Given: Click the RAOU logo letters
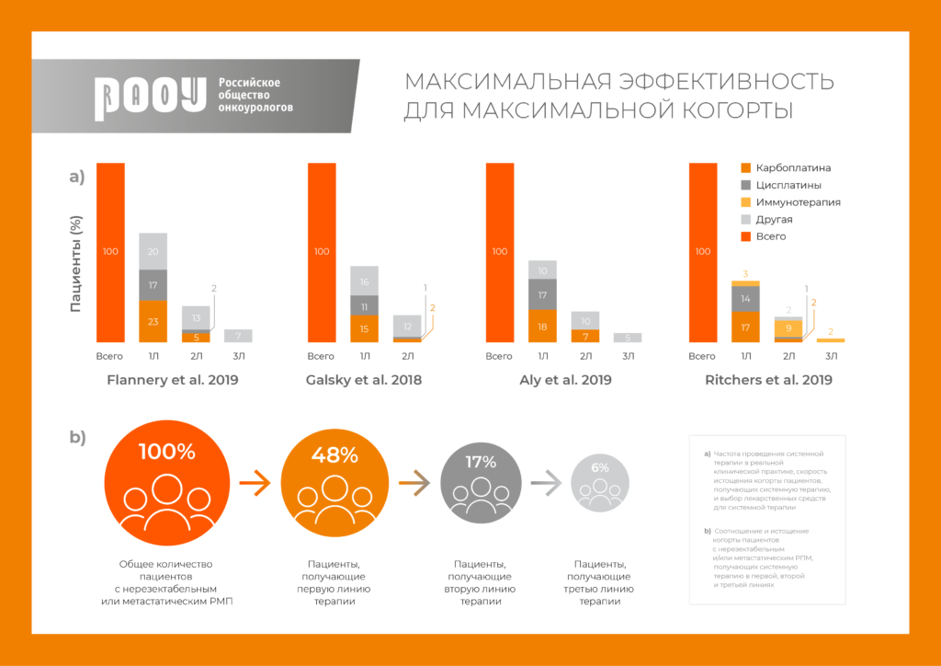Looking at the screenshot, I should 150,97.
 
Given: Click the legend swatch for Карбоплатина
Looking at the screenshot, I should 746,168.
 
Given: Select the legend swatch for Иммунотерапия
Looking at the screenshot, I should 746,202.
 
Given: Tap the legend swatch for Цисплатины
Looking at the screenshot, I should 746,185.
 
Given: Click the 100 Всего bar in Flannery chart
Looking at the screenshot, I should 110,252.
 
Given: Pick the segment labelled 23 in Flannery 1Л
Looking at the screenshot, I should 153,322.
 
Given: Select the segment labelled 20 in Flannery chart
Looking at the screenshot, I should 153,251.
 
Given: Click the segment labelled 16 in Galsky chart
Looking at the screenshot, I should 365,281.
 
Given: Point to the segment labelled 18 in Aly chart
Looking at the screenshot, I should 542,326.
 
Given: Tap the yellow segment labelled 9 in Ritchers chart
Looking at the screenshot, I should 788,327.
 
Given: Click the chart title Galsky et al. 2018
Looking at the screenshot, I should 365,379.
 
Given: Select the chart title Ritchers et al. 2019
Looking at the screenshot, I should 768,379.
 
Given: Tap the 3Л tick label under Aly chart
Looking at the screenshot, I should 628,356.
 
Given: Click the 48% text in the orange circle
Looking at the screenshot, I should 334,454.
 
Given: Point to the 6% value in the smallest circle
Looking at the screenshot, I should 600,467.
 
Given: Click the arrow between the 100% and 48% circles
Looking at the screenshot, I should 255,480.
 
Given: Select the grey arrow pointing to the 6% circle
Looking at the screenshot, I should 545,480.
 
